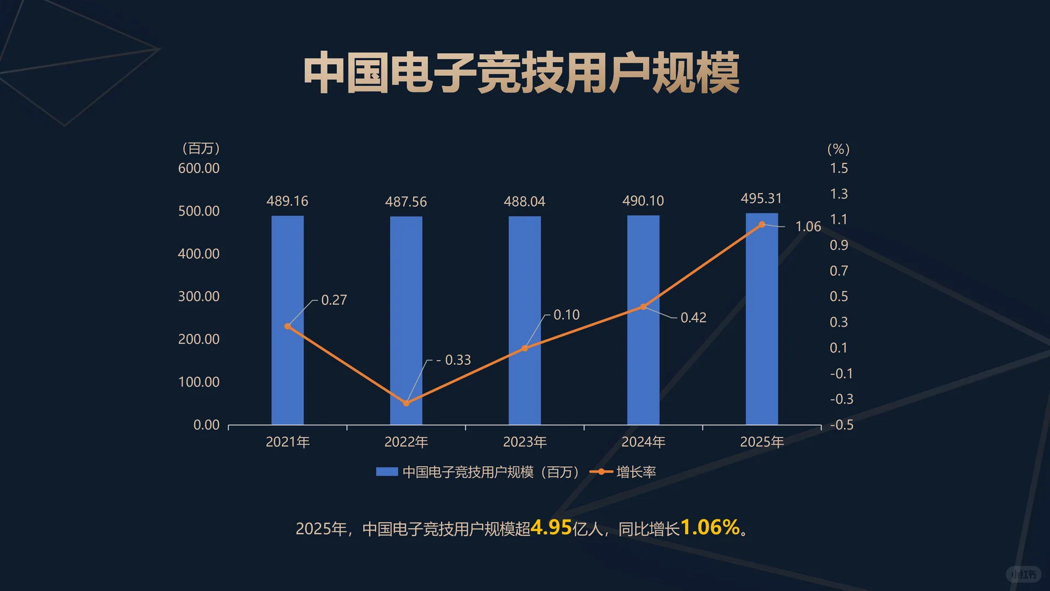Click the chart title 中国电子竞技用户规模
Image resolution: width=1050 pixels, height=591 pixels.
point(521,73)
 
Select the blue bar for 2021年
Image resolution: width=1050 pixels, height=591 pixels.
point(288,320)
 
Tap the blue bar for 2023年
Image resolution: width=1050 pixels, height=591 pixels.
point(524,320)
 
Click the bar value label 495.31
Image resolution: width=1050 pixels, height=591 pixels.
point(761,199)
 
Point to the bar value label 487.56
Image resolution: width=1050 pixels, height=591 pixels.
point(406,202)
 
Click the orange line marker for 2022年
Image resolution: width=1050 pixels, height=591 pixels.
point(406,403)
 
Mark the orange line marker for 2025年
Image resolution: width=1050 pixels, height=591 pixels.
point(762,224)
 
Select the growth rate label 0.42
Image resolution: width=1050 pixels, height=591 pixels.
point(693,318)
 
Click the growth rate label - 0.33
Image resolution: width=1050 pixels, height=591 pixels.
point(453,360)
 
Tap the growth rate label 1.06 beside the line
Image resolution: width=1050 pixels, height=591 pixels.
point(808,227)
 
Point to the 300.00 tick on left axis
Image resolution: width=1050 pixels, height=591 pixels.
point(199,297)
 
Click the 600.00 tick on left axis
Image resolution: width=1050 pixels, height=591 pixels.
point(199,169)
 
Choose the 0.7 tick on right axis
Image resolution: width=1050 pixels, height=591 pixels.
point(838,271)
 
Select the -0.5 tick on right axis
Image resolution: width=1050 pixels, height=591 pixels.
point(841,425)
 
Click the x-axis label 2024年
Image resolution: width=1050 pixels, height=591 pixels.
point(643,442)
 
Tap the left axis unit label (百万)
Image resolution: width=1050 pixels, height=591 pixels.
point(201,148)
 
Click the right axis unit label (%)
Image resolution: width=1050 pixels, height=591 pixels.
point(838,149)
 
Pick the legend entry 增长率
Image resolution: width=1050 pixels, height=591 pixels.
point(635,472)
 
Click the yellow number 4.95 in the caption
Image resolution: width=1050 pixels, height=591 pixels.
point(551,528)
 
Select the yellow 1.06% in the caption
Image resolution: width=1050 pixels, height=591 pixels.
point(710,528)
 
